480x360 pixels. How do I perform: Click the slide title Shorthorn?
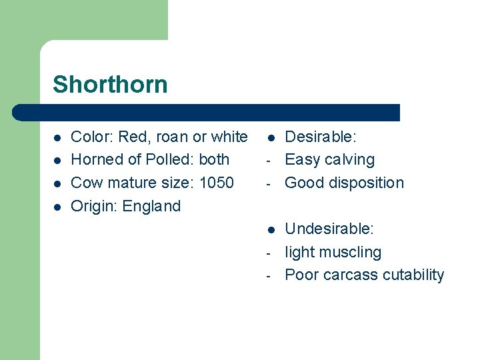(110, 85)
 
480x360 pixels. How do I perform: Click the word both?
(214, 160)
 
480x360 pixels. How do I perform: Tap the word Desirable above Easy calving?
(321, 137)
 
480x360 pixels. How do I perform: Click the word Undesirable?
(329, 229)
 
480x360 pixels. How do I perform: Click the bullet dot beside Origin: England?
(57, 207)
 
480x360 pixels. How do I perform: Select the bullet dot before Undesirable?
(271, 230)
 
